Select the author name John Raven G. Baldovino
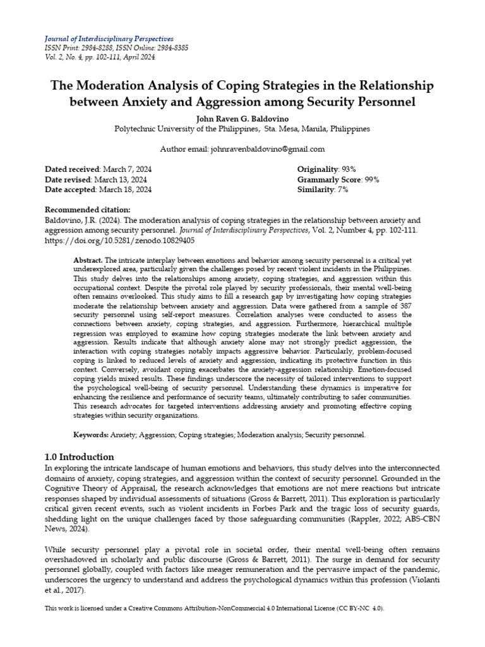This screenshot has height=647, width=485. [242, 118]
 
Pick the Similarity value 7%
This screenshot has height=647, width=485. [344, 190]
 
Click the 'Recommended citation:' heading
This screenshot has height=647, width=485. [88, 210]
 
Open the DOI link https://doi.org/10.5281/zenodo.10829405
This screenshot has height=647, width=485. [119, 241]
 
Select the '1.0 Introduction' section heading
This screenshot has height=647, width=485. [80, 457]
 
